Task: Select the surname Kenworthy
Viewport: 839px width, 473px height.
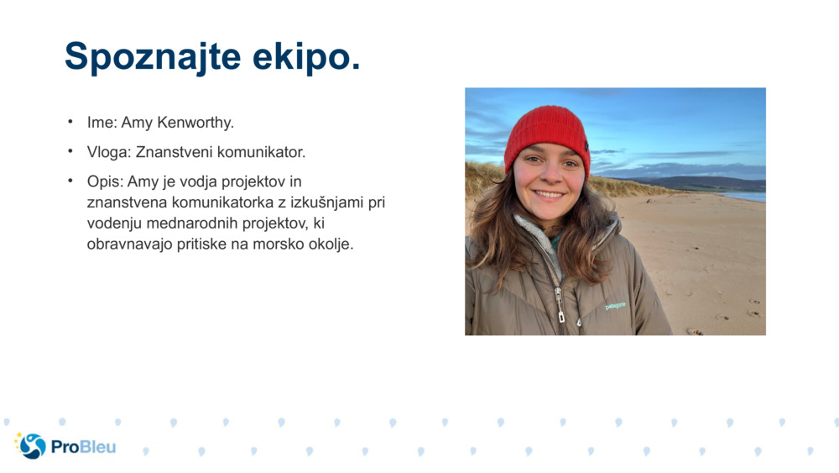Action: pos(194,123)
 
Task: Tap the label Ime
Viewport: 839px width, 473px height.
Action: pos(101,123)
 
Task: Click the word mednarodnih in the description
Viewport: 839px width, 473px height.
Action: pos(192,223)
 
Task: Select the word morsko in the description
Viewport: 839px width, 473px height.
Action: pos(283,244)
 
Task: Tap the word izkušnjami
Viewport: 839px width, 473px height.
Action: pos(325,202)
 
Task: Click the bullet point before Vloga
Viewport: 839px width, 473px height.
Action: pos(70,151)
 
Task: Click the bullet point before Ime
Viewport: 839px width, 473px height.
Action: pos(70,122)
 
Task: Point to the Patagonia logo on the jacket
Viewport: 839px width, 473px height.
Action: pos(615,306)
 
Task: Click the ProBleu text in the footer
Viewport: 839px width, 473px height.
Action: pos(83,447)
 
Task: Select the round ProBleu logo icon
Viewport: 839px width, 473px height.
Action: pos(32,446)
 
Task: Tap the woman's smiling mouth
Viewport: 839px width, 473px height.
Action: pos(550,194)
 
